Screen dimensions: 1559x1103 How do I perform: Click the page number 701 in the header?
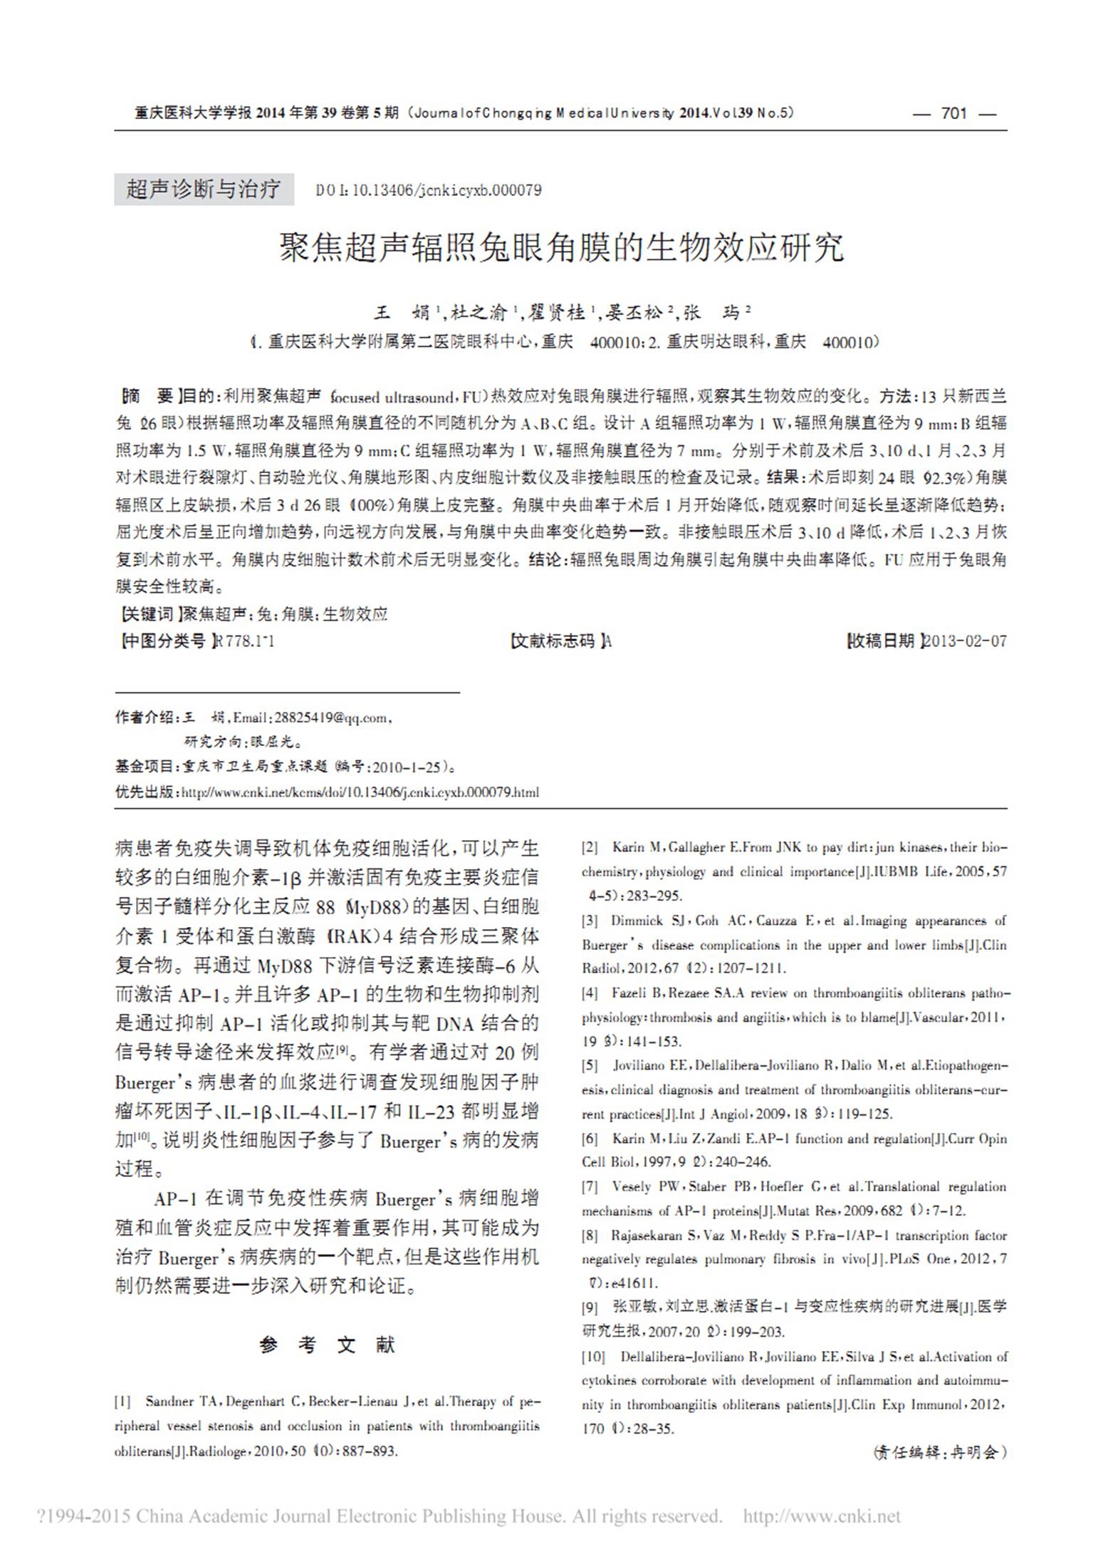[x=953, y=113]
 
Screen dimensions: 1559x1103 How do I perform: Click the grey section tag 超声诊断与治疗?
[x=204, y=190]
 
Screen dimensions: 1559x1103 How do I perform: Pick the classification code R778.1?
[x=245, y=641]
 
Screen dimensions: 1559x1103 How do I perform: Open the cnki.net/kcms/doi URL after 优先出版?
[x=360, y=792]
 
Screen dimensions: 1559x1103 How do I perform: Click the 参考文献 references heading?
[x=327, y=1345]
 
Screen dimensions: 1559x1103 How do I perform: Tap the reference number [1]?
[x=123, y=1402]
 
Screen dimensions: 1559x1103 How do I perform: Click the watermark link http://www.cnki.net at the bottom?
[x=822, y=1516]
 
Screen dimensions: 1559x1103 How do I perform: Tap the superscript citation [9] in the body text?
[x=342, y=1049]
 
